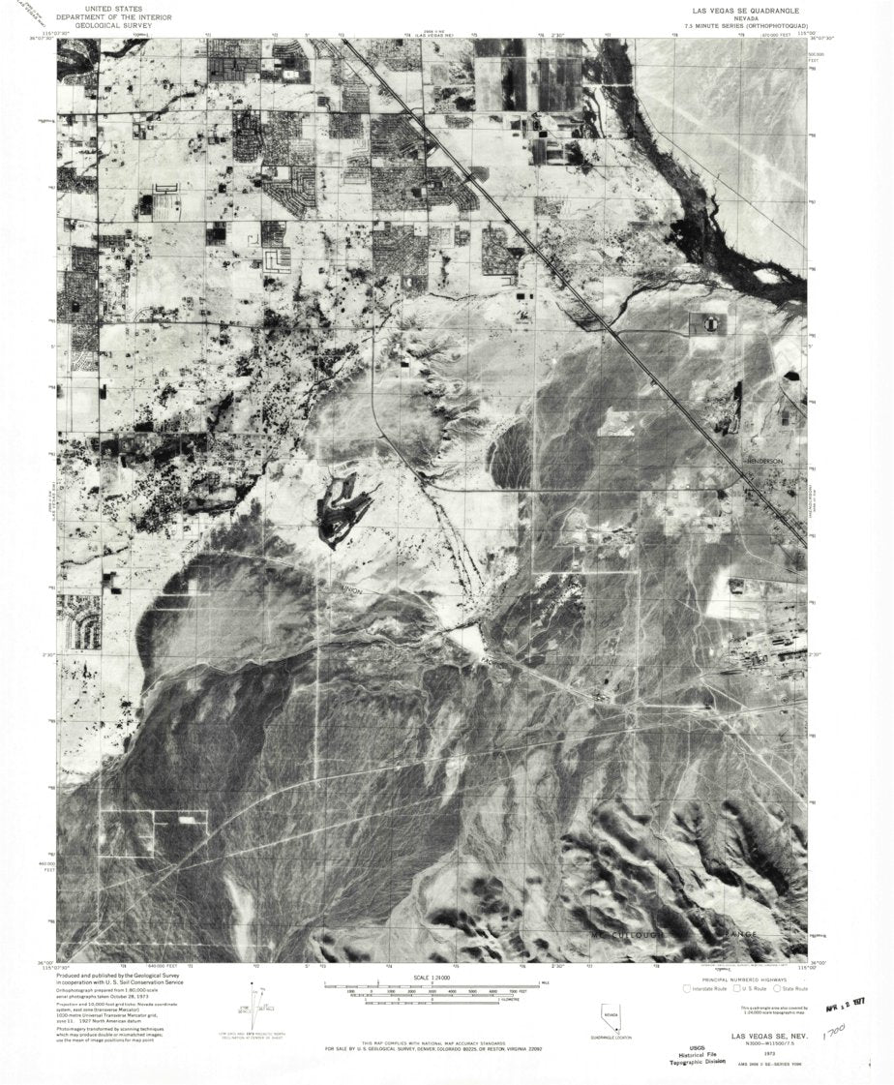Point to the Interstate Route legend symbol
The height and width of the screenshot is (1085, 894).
(x=688, y=988)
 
